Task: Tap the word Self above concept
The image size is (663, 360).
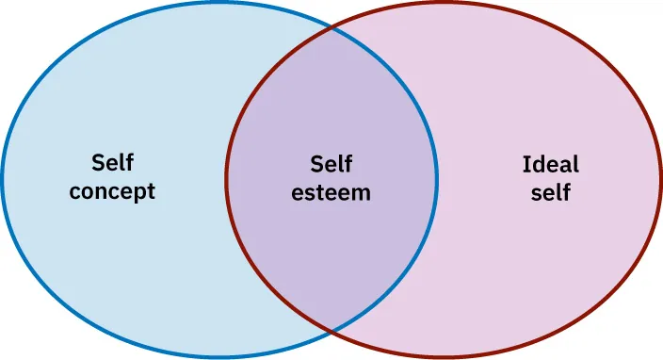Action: click(x=112, y=163)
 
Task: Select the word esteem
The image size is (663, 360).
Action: click(x=331, y=192)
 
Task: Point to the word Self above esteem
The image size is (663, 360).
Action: click(x=331, y=163)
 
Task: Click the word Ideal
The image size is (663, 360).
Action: click(x=551, y=164)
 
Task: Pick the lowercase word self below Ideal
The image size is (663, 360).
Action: click(x=551, y=193)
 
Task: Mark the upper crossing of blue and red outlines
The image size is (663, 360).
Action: click(x=331, y=28)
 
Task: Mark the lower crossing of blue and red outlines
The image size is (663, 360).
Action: click(x=331, y=332)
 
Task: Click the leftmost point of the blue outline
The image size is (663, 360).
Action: click(x=3, y=180)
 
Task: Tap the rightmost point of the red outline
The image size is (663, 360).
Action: click(x=660, y=180)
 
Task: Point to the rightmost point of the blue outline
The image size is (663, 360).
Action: click(x=437, y=180)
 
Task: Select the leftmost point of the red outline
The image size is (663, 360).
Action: click(x=226, y=180)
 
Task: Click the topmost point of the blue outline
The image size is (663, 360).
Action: click(x=219, y=4)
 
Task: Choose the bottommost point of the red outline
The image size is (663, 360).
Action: click(x=443, y=357)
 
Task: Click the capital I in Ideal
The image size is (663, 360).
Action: click(x=526, y=164)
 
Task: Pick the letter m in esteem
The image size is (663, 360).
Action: click(x=361, y=193)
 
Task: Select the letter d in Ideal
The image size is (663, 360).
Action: click(x=537, y=164)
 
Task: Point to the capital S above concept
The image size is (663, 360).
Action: click(x=98, y=163)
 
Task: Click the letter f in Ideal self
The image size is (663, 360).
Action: click(x=567, y=192)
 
